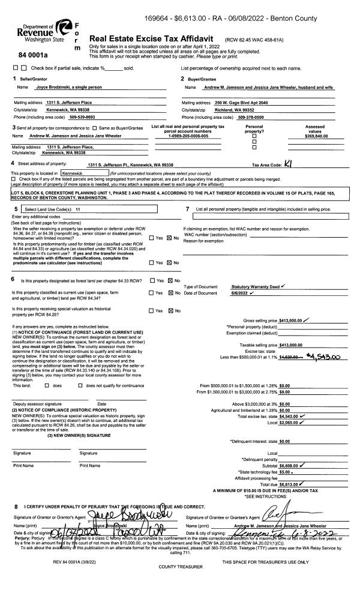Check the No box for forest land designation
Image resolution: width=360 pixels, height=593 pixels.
pyautogui.click(x=170, y=280)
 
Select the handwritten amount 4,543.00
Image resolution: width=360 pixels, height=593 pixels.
pyautogui.click(x=323, y=357)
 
